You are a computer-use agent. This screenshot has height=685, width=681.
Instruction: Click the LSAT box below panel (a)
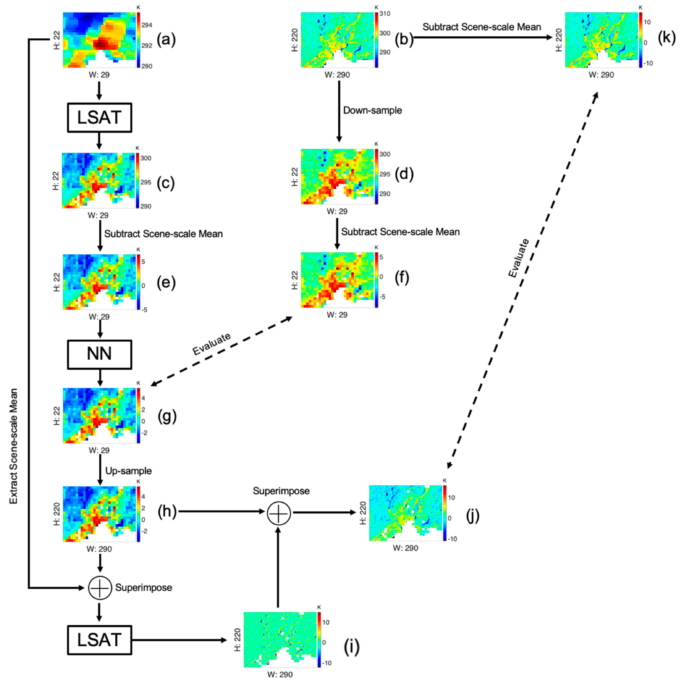tap(99, 118)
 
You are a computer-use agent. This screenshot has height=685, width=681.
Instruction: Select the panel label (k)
tap(666, 37)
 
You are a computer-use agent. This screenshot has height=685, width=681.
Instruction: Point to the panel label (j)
tap(473, 516)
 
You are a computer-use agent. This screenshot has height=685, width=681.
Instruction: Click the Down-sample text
tap(372, 110)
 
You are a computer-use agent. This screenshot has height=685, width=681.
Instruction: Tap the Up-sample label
tap(128, 471)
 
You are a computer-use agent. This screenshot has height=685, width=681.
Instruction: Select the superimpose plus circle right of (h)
tap(279, 513)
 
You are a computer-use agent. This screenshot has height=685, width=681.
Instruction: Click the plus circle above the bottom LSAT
tap(100, 588)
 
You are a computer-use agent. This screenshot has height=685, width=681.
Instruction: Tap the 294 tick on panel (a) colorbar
tap(147, 25)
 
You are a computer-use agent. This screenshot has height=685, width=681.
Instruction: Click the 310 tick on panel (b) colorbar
tap(385, 14)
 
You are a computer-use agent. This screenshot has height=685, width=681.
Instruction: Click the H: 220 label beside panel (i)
tap(237, 640)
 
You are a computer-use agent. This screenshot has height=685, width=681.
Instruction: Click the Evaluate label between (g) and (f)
tap(211, 344)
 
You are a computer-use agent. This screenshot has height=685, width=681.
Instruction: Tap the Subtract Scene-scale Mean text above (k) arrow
tap(481, 27)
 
